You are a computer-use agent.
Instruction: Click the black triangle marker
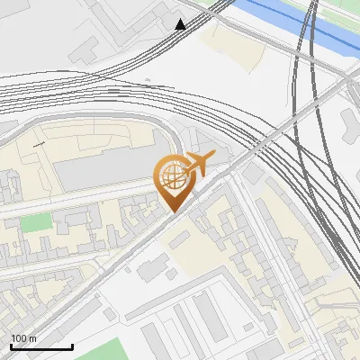181,24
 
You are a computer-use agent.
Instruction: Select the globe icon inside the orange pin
171,177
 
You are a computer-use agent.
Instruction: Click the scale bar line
41,346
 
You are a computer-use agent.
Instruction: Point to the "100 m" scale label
24,338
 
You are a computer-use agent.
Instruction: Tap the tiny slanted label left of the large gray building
39,143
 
